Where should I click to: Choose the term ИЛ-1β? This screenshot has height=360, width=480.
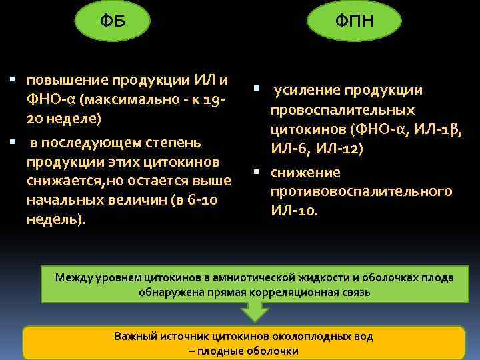click(x=438, y=129)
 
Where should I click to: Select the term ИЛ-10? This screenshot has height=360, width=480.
click(x=294, y=211)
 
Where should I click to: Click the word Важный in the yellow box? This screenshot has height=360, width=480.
click(x=134, y=337)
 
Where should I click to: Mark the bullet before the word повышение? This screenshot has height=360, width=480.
click(x=15, y=80)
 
